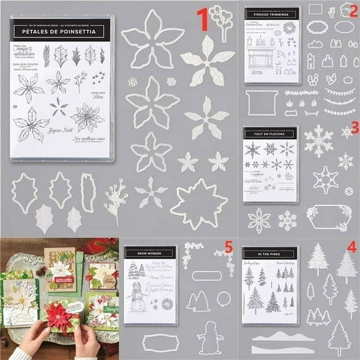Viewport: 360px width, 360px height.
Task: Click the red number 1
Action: [x=202, y=20]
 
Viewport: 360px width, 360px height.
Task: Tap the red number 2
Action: [x=353, y=10]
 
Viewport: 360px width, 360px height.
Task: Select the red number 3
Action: [x=354, y=128]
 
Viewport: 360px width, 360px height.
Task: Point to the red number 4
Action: [x=352, y=247]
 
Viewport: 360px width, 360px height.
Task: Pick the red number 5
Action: [x=229, y=248]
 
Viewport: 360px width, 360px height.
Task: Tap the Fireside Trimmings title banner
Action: [x=272, y=12]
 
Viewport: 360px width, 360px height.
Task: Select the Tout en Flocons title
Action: [x=270, y=133]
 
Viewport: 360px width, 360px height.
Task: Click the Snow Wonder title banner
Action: [x=149, y=253]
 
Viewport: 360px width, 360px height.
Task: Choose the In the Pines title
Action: [x=270, y=253]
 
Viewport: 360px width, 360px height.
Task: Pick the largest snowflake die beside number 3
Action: [x=318, y=141]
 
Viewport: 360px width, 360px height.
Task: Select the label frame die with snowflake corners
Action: [x=328, y=217]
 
